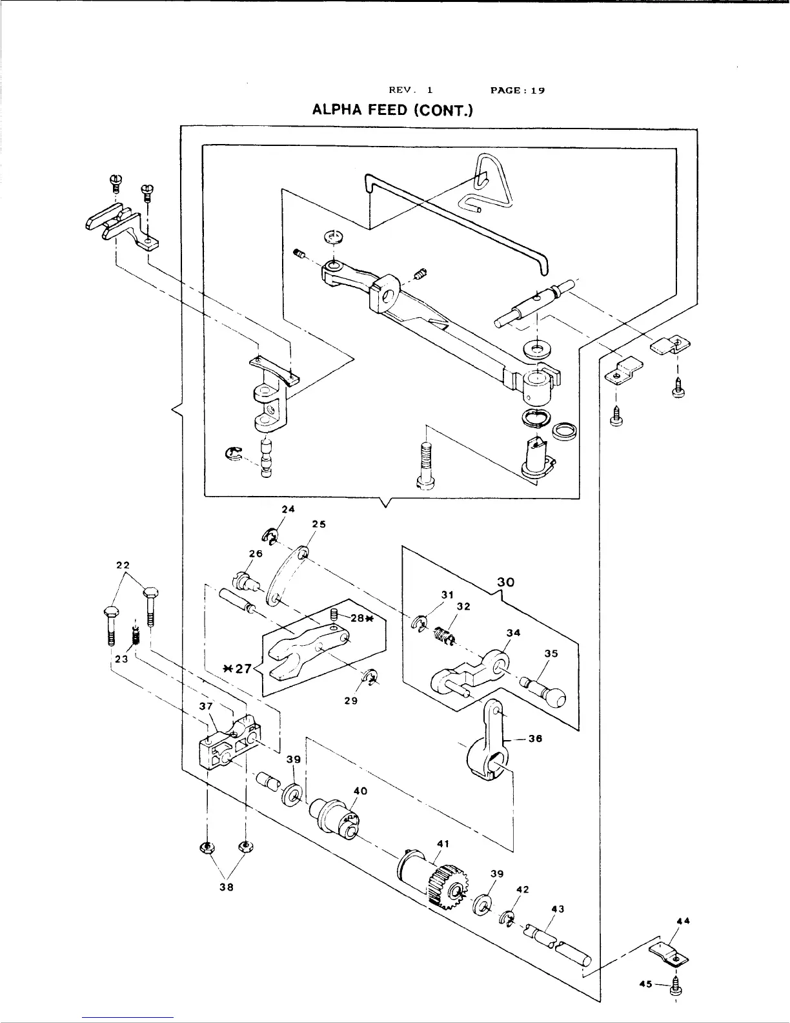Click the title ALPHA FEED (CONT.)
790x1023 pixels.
[x=392, y=110]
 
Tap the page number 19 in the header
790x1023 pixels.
[x=538, y=90]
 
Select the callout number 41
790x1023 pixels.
[x=443, y=843]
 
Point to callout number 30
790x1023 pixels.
[x=505, y=582]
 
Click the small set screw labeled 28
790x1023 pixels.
[x=334, y=614]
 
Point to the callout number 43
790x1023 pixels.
[x=558, y=909]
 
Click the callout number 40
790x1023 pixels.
[x=360, y=791]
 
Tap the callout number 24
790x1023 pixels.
[x=289, y=509]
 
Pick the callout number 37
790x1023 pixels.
[x=206, y=706]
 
